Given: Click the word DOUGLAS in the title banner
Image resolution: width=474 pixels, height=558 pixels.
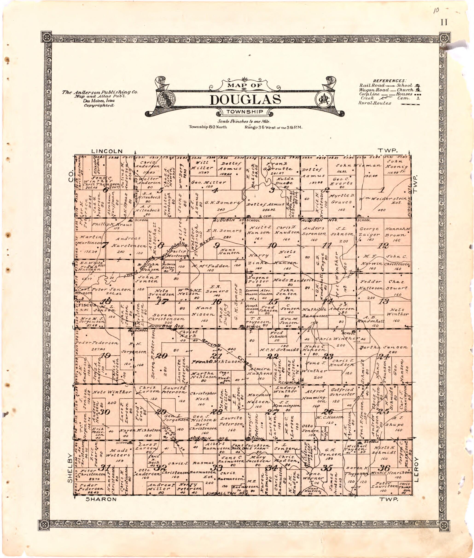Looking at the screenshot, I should point(245,100).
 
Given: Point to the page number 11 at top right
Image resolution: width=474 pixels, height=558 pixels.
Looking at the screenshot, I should point(444,22).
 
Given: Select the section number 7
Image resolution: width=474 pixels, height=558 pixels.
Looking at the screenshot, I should point(105,245).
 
